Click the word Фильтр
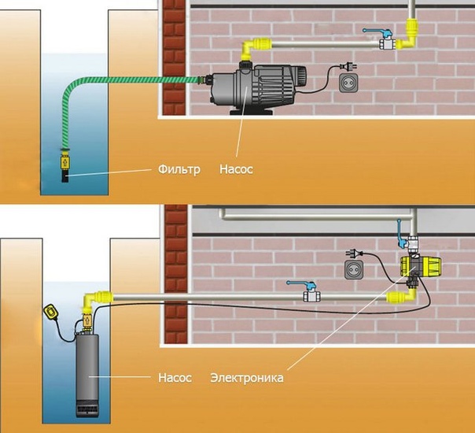click(179, 169)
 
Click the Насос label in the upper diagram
click(236, 169)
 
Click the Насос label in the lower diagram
click(175, 378)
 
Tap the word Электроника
click(247, 378)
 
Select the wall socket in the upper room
click(348, 83)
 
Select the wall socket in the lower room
click(354, 269)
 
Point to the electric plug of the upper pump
click(348, 66)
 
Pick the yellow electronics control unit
click(421, 266)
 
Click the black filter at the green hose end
click(64, 176)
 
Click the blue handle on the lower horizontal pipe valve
click(302, 284)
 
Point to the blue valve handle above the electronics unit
click(400, 233)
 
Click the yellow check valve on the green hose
click(64, 162)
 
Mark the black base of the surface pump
click(252, 112)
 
